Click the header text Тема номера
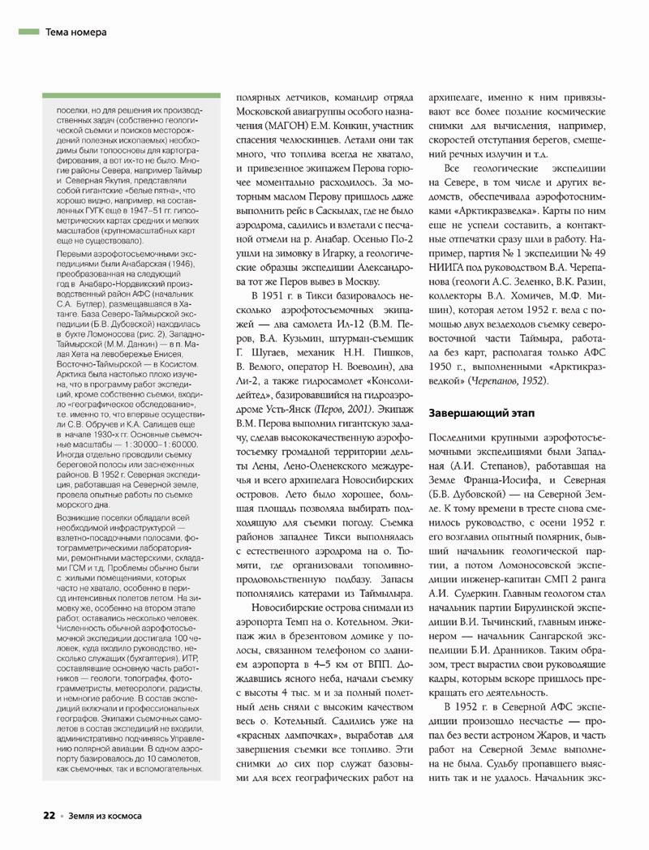pyautogui.click(x=76, y=32)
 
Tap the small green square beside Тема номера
pyautogui.click(x=28, y=32)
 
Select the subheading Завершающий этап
pyautogui.click(x=481, y=413)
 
